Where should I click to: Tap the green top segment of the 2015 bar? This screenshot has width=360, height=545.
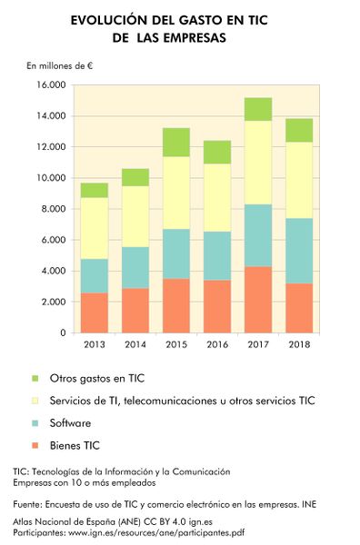coord(176,143)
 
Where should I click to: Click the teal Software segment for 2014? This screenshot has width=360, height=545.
coord(135,267)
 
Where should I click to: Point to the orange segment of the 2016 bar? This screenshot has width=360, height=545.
coord(217,306)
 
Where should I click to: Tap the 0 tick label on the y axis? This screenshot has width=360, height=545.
coord(61,333)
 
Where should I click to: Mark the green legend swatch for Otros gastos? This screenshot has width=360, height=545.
coord(35,378)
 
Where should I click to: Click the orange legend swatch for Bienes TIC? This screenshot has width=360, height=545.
coord(35,446)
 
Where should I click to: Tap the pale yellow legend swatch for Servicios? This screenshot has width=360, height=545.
coord(35,401)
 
